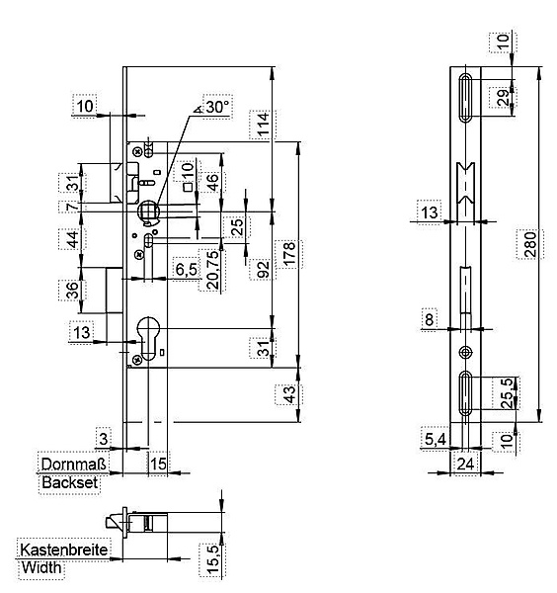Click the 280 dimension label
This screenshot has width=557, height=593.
click(x=530, y=244)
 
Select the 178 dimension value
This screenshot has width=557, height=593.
click(x=289, y=255)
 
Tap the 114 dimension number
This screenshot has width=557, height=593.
click(x=263, y=124)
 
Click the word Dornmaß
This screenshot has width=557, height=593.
click(x=74, y=464)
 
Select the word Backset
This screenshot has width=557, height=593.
click(x=70, y=482)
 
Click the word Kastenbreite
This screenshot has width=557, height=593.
click(x=64, y=550)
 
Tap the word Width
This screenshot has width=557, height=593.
click(x=41, y=567)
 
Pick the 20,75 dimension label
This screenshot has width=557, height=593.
click(x=212, y=270)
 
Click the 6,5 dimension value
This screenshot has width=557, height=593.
click(x=187, y=269)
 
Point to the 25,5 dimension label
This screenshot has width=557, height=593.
click(x=509, y=393)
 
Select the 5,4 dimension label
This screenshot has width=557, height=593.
click(x=436, y=439)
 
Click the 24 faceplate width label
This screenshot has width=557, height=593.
click(x=465, y=464)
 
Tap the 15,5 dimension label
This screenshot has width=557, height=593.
click(x=212, y=559)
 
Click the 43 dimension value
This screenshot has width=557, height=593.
click(x=289, y=394)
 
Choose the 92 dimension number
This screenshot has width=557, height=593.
click(x=264, y=269)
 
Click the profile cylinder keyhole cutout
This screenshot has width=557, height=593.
click(x=148, y=338)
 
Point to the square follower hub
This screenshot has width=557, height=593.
click(x=148, y=210)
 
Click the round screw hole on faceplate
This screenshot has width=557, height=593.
click(x=465, y=353)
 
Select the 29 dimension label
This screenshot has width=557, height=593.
click(x=504, y=97)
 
